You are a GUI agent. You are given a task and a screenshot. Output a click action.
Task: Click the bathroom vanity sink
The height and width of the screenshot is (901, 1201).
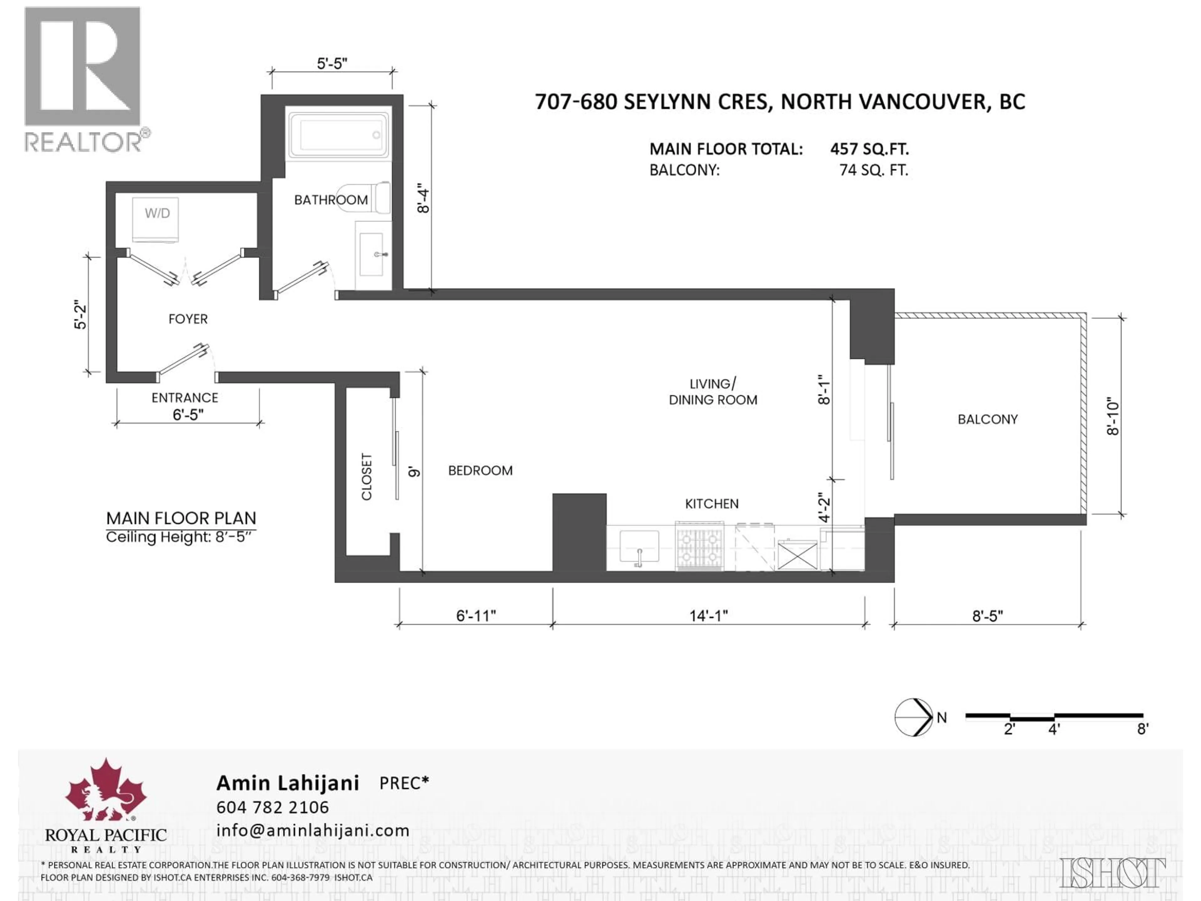click(x=372, y=254)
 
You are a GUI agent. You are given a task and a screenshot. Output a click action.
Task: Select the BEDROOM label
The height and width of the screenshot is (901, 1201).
click(x=480, y=470)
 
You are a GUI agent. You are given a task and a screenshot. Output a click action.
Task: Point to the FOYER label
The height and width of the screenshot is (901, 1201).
click(x=188, y=319)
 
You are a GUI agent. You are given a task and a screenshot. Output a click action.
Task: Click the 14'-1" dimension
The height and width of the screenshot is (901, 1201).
click(x=708, y=615)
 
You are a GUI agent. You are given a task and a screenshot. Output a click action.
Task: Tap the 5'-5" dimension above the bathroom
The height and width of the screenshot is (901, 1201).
click(x=332, y=64)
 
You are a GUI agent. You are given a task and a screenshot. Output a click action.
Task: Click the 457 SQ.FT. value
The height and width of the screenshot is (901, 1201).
click(x=869, y=149)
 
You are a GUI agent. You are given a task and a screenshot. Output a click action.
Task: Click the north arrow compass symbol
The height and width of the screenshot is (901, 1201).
click(x=914, y=717)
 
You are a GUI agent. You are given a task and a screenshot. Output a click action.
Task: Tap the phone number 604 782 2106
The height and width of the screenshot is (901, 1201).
click(x=272, y=807)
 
